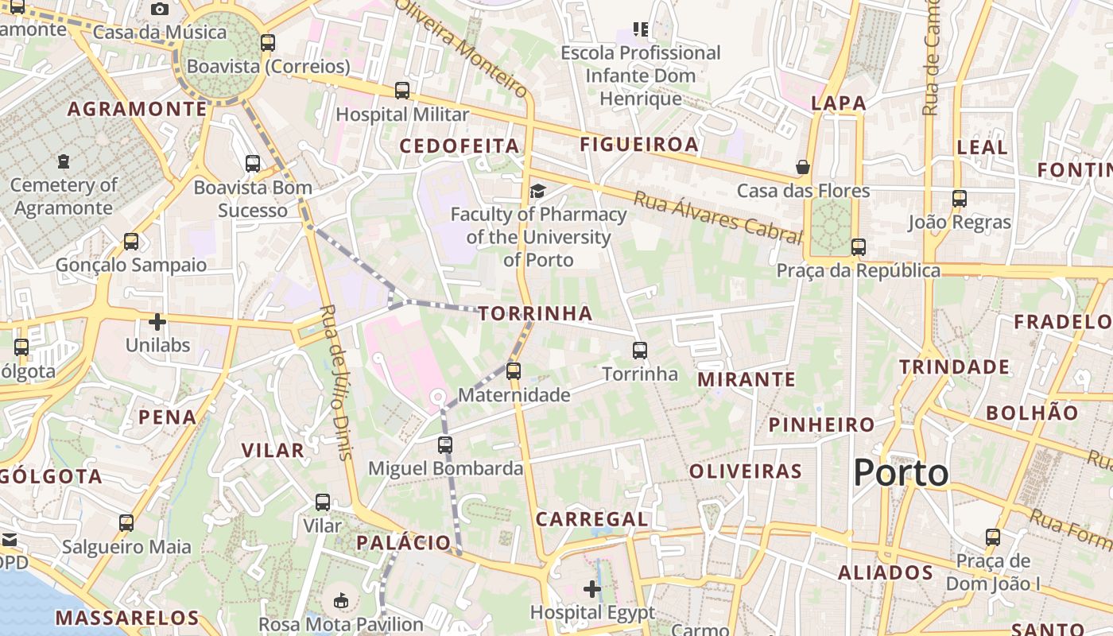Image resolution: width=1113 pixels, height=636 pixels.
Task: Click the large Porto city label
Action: [901, 473]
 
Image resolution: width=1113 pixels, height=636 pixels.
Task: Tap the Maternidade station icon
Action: [514, 370]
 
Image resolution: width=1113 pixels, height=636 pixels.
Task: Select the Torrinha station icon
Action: [640, 350]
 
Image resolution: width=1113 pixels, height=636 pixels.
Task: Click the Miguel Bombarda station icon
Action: [445, 445]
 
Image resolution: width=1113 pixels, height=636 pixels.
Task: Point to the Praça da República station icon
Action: [859, 246]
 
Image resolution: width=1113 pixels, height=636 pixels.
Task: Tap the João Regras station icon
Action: [960, 199]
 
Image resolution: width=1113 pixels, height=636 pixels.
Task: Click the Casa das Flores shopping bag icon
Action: [803, 167]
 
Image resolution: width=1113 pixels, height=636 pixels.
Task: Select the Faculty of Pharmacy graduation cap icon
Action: [538, 191]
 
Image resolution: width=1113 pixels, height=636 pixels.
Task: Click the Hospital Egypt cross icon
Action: [592, 589]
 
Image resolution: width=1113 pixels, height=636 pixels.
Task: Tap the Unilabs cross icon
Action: [157, 322]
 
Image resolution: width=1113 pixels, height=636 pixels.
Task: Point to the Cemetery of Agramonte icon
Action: [64, 161]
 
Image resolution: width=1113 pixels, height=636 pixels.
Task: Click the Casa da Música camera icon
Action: [160, 9]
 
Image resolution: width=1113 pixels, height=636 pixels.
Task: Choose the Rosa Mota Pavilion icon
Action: [341, 600]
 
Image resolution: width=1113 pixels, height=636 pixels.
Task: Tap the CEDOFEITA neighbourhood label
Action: [460, 146]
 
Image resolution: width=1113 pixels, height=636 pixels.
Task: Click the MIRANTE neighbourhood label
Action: [747, 380]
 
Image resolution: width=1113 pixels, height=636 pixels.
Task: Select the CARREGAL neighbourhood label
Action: [592, 520]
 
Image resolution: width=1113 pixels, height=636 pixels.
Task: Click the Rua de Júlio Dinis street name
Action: [335, 382]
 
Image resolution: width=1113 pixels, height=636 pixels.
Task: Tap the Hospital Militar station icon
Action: [402, 91]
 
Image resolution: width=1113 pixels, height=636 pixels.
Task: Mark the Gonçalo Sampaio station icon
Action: [131, 242]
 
